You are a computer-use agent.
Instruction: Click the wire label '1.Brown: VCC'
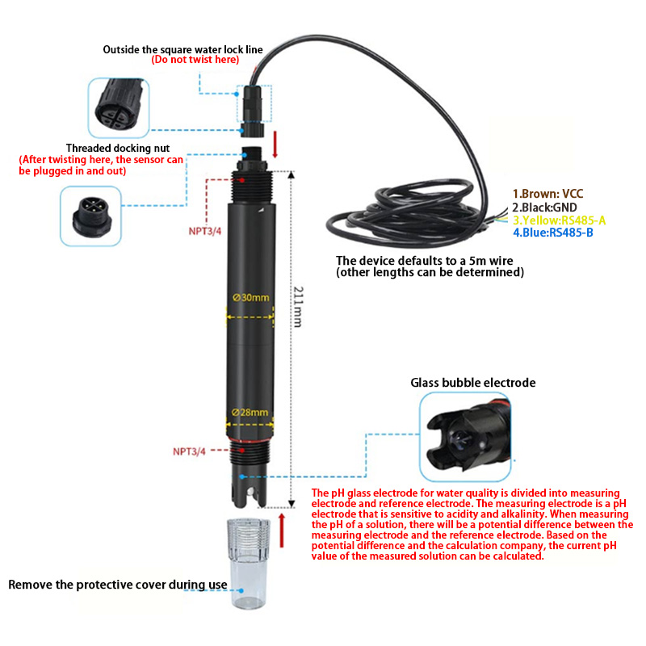pyautogui.click(x=547, y=194)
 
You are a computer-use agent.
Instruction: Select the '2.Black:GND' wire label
pyautogui.click(x=544, y=207)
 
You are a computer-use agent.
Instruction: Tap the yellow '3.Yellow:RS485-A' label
pyautogui.click(x=560, y=220)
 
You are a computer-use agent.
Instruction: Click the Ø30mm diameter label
pyautogui.click(x=250, y=297)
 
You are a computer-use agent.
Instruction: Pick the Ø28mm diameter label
pyautogui.click(x=250, y=413)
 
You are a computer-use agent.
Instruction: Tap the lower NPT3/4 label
pyautogui.click(x=190, y=451)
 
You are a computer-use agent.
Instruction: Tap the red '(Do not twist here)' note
pyautogui.click(x=195, y=60)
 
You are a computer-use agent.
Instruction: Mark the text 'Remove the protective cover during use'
pyautogui.click(x=118, y=584)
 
